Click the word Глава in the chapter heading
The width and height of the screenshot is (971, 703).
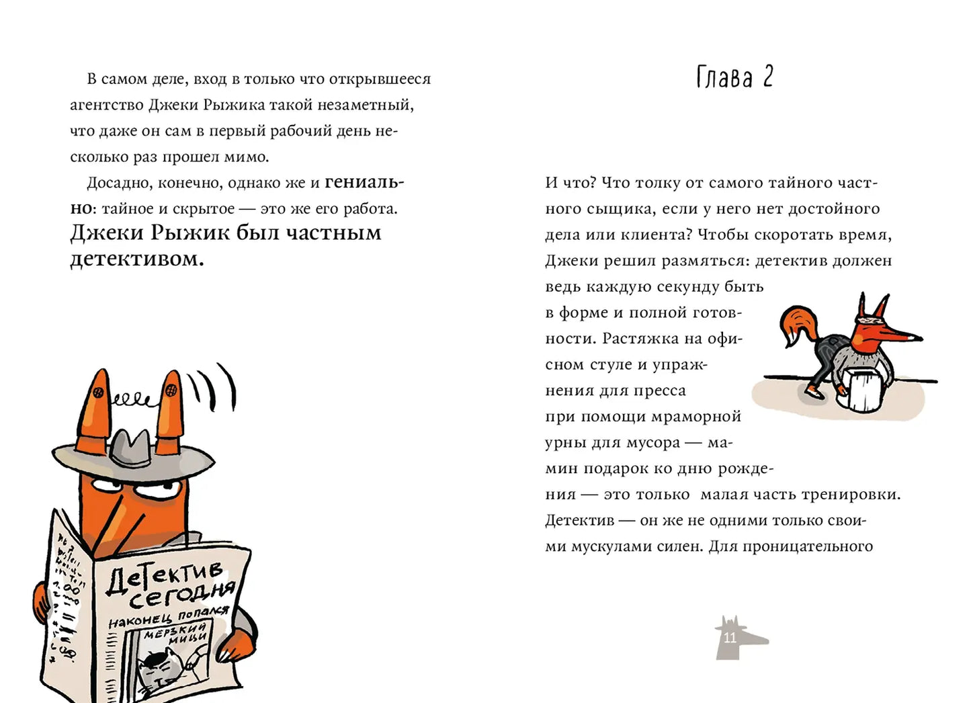click(x=724, y=77)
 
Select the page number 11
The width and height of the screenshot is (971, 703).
click(x=730, y=638)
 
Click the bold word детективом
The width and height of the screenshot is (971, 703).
click(x=136, y=259)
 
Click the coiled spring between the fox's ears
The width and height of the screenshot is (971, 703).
click(x=133, y=401)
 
